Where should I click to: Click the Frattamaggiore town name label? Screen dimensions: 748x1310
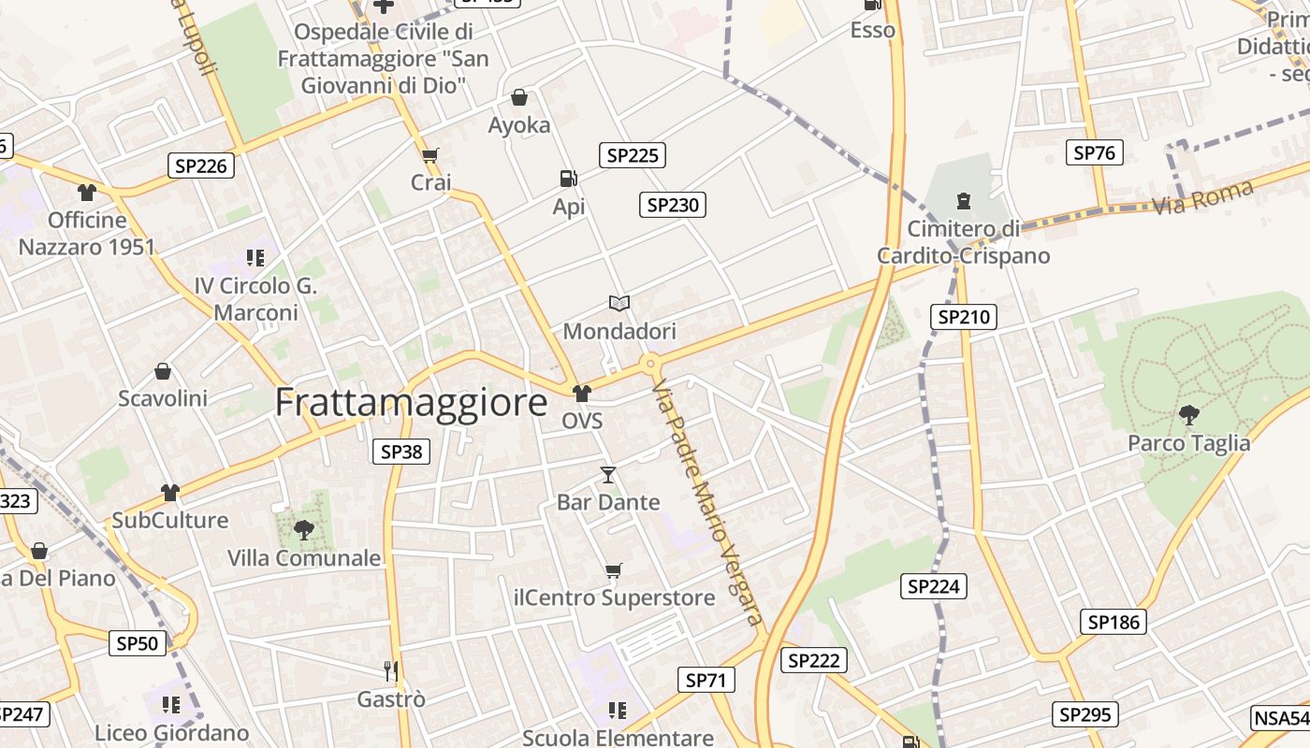411,402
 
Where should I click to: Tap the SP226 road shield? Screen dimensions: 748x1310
201,166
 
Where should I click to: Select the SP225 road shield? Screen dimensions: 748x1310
633,155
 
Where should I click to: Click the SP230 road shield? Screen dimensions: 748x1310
672,205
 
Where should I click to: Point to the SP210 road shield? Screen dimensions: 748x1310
964,317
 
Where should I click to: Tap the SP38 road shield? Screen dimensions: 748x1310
401,452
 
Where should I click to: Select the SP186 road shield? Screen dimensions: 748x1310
1113,622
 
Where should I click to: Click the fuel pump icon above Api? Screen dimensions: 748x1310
567,178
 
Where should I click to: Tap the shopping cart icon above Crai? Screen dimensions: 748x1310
430,154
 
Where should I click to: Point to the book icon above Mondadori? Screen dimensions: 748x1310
619,303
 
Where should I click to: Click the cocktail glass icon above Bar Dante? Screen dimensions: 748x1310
608,475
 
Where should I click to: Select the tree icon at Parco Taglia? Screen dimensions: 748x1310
1188,414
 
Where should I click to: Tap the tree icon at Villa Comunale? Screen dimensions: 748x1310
304,530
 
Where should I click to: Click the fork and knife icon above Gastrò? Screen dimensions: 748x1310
391,670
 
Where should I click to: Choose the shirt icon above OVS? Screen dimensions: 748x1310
582,393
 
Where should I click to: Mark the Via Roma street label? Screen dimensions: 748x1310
1202,197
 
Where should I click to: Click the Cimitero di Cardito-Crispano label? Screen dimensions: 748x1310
963,242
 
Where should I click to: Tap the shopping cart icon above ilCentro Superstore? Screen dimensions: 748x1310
614,570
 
